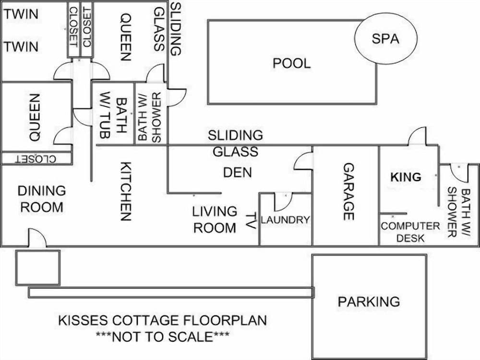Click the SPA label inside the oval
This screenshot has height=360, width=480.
pyautogui.click(x=385, y=39)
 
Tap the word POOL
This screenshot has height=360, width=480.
pyautogui.click(x=291, y=63)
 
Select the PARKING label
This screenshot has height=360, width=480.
pyautogui.click(x=369, y=301)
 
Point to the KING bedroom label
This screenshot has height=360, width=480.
pyautogui.click(x=406, y=177)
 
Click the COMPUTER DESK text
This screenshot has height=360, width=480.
pyautogui.click(x=410, y=231)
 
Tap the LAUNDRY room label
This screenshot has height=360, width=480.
pyautogui.click(x=285, y=220)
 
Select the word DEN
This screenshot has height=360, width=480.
pyautogui.click(x=238, y=172)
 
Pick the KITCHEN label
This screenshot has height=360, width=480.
pyautogui.click(x=125, y=191)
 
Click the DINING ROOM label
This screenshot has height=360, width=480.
pyautogui.click(x=41, y=199)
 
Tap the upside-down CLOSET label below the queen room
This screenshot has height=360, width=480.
pyautogui.click(x=36, y=159)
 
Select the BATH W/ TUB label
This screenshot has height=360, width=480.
pyautogui.click(x=114, y=117)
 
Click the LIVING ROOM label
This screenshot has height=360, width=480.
pyautogui.click(x=215, y=219)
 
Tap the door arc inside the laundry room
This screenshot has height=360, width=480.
pyautogui.click(x=282, y=202)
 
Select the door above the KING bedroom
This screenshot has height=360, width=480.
pyautogui.click(x=417, y=136)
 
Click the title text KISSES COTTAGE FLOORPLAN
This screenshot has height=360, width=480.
pyautogui.click(x=162, y=320)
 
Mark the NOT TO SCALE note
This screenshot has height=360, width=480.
pyautogui.click(x=162, y=336)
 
